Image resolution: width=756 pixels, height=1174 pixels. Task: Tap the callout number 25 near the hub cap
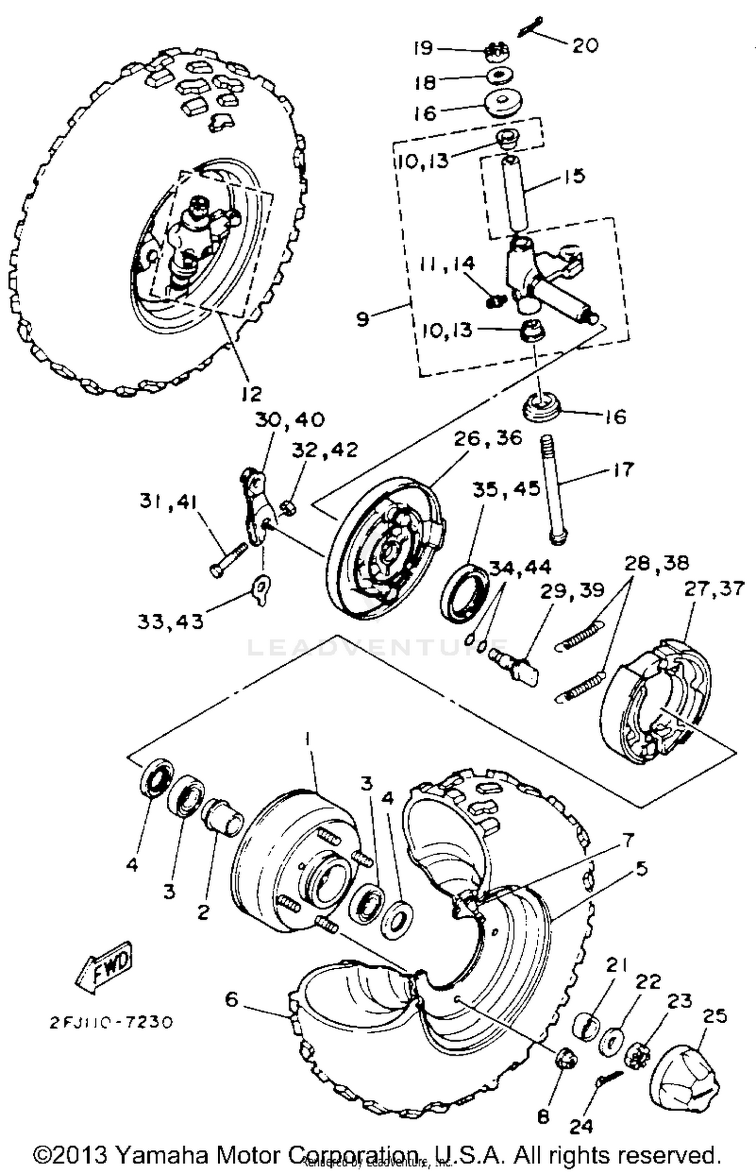coord(714,1016)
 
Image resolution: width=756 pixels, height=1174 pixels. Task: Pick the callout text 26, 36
coord(487,438)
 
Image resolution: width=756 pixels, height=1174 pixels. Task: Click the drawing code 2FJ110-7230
coord(111,1022)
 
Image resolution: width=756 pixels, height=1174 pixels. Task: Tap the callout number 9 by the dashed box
coord(362,319)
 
